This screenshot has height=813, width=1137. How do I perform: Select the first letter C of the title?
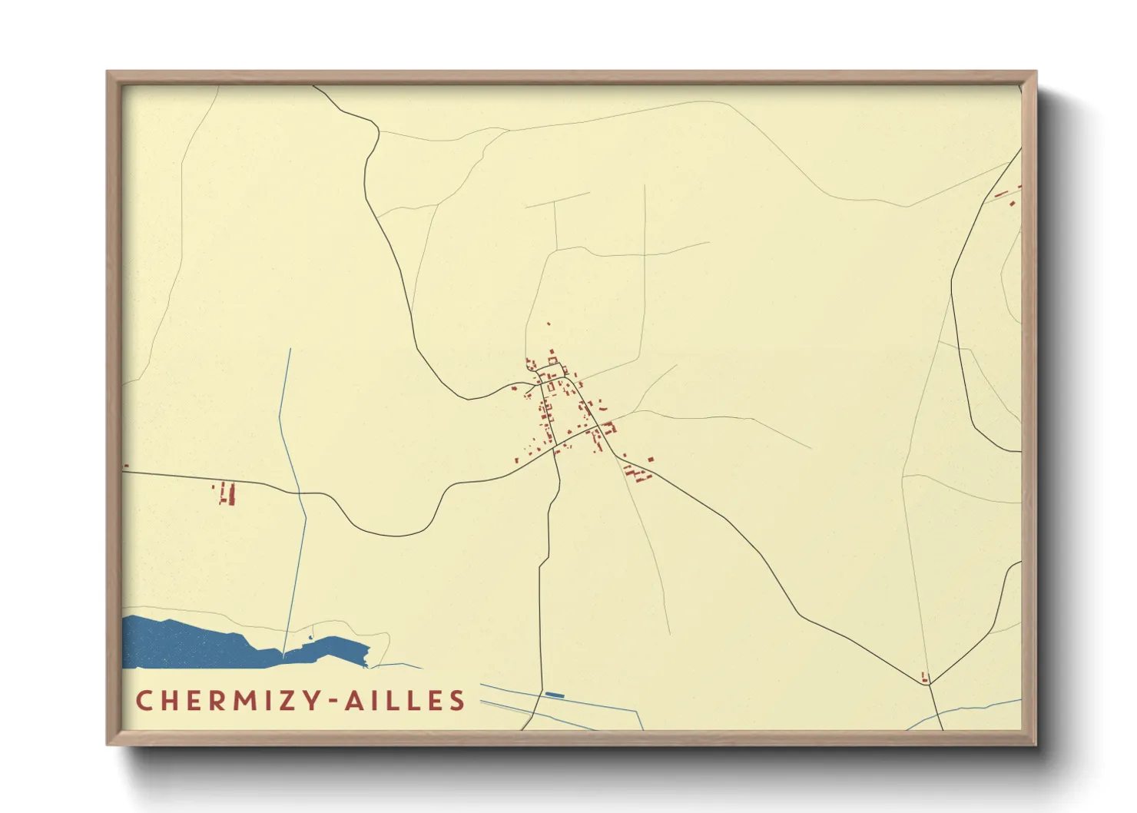tap(144, 701)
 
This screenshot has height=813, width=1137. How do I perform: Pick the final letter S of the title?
tap(458, 701)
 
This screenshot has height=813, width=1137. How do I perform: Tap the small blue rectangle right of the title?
tap(555, 695)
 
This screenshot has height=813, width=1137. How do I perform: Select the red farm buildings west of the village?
tap(225, 493)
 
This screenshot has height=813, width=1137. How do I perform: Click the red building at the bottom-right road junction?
tap(925, 677)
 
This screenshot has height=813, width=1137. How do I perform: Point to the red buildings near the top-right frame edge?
tap(1008, 195)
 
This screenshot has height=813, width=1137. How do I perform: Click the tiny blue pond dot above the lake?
tap(311, 637)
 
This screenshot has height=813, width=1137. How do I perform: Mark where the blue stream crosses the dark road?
tap(299, 493)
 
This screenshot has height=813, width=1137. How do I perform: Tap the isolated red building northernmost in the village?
tap(549, 324)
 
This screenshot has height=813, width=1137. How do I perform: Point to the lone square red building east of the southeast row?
tap(651, 460)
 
